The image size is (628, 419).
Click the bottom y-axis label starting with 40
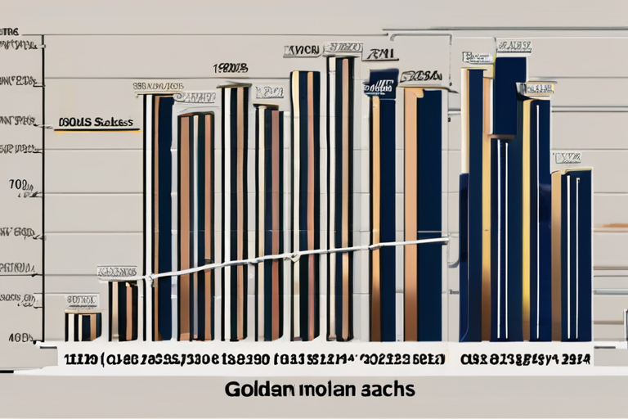pos(20,336)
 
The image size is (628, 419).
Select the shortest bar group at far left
pos(83,326)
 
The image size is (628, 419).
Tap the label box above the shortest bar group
pos(82,300)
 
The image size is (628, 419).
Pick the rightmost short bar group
pos(572,254)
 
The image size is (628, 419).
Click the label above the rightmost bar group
pos(567,157)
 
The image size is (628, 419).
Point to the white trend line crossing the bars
pos(294,256)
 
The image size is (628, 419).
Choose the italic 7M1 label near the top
pos(380,55)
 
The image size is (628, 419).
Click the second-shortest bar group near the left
pos(123,309)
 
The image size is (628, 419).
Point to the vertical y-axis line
pos(43,188)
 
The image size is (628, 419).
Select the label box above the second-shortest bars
pos(117,271)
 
